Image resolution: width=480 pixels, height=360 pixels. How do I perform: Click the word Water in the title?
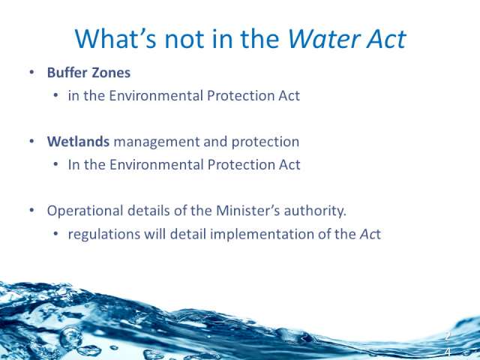click(x=324, y=39)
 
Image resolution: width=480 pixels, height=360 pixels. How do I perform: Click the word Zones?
click(x=111, y=73)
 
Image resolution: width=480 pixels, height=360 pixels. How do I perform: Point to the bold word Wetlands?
click(x=78, y=142)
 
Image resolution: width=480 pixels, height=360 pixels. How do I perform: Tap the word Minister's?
click(x=247, y=211)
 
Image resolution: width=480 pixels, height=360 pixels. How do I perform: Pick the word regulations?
click(x=104, y=235)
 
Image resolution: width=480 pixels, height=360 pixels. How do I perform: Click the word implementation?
click(x=262, y=235)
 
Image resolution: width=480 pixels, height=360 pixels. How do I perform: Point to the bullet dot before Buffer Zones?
click(x=31, y=73)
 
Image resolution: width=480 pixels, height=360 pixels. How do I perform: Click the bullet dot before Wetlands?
click(x=31, y=142)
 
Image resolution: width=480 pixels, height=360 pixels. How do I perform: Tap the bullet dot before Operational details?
click(x=31, y=211)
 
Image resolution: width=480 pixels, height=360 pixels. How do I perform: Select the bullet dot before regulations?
click(x=55, y=234)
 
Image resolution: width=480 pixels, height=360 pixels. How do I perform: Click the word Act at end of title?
click(x=386, y=39)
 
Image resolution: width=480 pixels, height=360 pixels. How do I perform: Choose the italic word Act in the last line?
click(x=370, y=234)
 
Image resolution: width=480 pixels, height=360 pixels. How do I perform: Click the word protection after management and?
click(x=265, y=142)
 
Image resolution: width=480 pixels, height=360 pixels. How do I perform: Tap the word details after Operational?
click(x=148, y=211)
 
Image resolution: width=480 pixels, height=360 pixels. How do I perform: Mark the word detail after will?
click(x=188, y=234)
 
